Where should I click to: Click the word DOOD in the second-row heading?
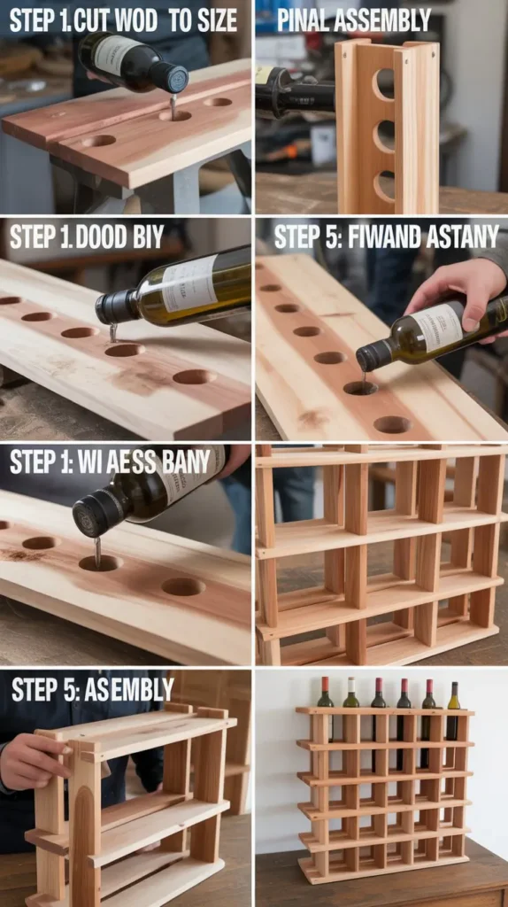pos(102,237)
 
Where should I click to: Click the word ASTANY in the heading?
pos(461,237)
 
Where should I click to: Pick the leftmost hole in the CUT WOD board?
pos(98,140)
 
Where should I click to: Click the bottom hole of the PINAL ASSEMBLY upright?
pos(384,186)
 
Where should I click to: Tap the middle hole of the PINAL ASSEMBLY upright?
pos(384,136)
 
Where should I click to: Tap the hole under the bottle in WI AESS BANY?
pos(98,562)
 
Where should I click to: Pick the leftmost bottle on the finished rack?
pos(325,695)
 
